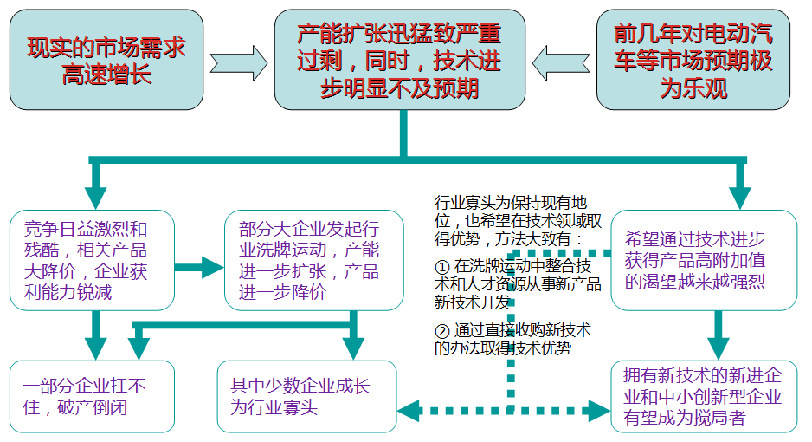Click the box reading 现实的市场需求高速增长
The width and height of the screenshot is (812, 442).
(106, 60)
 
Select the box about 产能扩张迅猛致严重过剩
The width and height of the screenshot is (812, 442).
(400, 60)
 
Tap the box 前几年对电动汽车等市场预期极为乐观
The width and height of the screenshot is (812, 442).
(693, 60)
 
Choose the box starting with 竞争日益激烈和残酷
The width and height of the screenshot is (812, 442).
(92, 260)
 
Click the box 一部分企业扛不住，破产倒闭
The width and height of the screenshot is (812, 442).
(92, 396)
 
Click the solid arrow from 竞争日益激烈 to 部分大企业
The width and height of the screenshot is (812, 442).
(199, 268)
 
